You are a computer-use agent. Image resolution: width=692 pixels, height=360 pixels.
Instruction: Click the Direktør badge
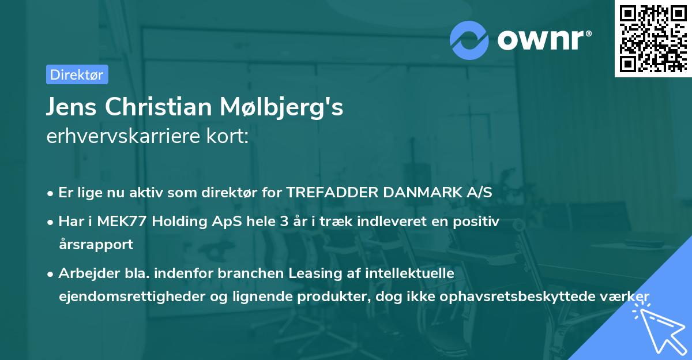pyautogui.click(x=77, y=74)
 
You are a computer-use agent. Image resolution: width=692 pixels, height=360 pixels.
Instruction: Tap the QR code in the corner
pyautogui.click(x=653, y=38)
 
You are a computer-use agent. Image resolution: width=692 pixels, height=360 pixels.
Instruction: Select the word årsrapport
pyautogui.click(x=96, y=244)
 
